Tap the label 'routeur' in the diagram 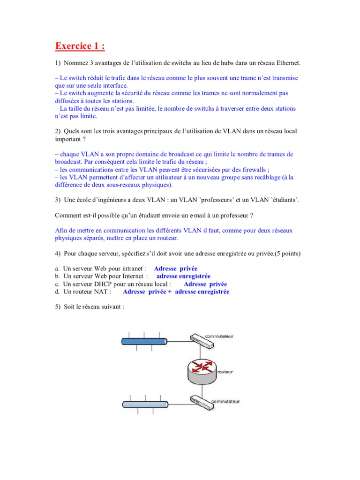225,372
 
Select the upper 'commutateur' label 220,336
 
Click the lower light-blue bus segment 145,405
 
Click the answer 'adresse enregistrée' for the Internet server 183,276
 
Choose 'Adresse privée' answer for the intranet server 175,269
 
